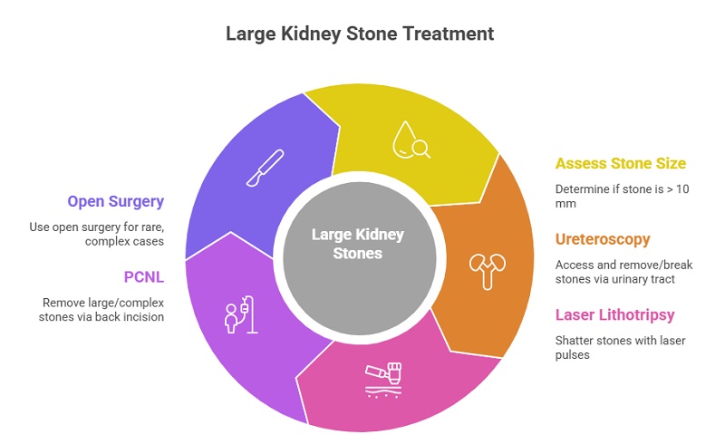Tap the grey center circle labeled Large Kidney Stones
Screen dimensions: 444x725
tap(358, 245)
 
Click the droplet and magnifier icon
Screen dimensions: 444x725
tap(411, 140)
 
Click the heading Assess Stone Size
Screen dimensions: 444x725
tap(620, 164)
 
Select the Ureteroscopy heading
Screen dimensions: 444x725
tap(604, 239)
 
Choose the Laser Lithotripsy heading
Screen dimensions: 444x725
tap(616, 314)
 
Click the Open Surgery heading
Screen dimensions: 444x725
tap(115, 201)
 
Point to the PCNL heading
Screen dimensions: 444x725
tap(143, 276)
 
